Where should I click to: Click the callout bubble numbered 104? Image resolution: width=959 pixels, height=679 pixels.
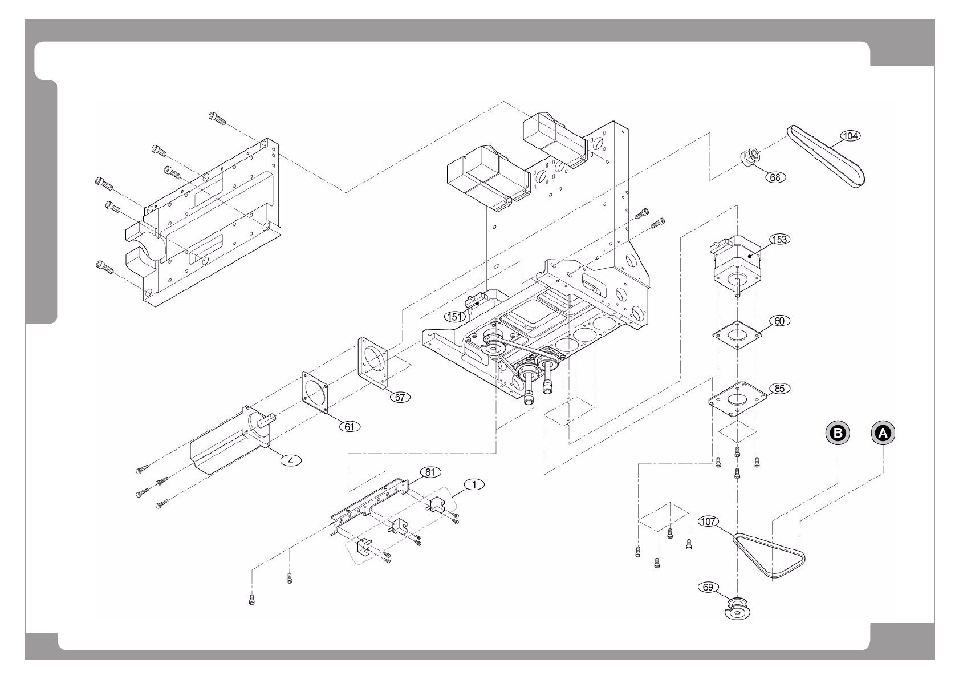pyautogui.click(x=850, y=136)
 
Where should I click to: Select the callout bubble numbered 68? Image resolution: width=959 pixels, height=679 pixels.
pyautogui.click(x=775, y=177)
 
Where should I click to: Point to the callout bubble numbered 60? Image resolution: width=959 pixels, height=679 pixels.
pyautogui.click(x=779, y=321)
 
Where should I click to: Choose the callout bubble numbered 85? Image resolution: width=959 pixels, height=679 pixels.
pyautogui.click(x=779, y=389)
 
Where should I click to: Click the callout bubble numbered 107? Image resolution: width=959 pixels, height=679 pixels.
pyautogui.click(x=709, y=521)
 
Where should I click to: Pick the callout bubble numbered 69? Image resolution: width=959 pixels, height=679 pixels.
pyautogui.click(x=708, y=587)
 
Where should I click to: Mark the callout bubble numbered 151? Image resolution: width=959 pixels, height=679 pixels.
pyautogui.click(x=455, y=317)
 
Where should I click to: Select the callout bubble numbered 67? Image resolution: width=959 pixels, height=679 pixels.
pyautogui.click(x=400, y=397)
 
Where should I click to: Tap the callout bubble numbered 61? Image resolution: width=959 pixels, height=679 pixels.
pyautogui.click(x=350, y=426)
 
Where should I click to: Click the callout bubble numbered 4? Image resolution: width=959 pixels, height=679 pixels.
pyautogui.click(x=291, y=460)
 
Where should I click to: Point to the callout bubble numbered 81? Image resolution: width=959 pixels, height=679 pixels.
pyautogui.click(x=430, y=472)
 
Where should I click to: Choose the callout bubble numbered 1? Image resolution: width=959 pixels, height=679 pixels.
pyautogui.click(x=474, y=484)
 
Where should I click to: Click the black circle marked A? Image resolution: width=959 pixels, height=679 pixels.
pyautogui.click(x=883, y=433)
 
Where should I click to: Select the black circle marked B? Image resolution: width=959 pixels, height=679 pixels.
pyautogui.click(x=838, y=433)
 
